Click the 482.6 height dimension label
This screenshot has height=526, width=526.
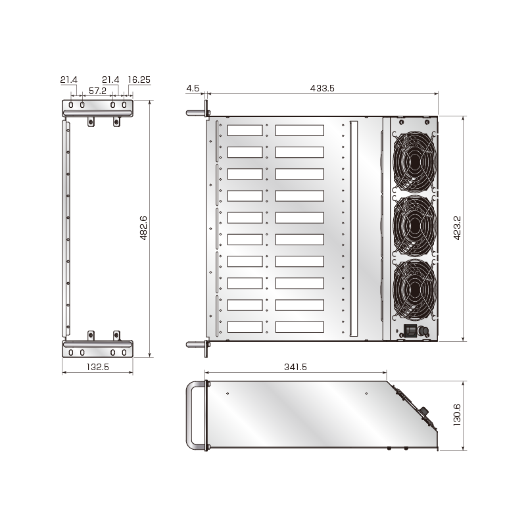143,228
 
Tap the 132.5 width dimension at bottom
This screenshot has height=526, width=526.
97,367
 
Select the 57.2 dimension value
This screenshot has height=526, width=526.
98,90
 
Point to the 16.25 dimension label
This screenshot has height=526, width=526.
139,80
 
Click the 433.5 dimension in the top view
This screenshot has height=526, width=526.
322,87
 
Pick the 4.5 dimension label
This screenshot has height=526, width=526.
193,87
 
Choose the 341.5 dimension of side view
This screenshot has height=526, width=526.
296,367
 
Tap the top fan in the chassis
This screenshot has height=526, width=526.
414,160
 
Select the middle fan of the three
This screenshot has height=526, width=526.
414,226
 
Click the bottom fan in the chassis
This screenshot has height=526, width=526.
414,290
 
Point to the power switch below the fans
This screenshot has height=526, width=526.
411,331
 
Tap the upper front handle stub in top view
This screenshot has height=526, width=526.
196,112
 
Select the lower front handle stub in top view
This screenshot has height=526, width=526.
196,344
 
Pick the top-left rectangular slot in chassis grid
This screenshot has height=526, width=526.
245,130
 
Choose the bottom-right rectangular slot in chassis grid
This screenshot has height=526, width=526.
299,327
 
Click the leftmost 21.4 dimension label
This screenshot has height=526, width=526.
69,80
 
